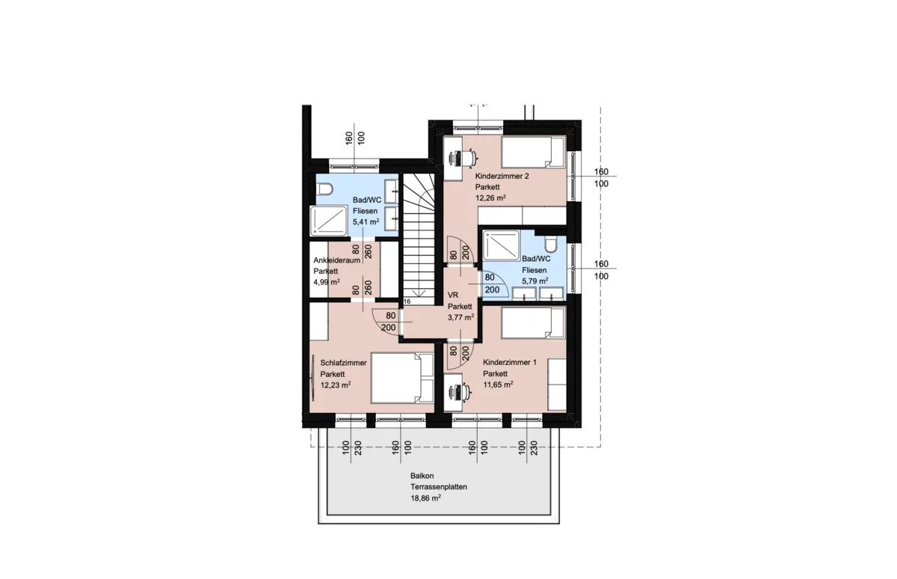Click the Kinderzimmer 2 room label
[x=502, y=176]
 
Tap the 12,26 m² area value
[x=490, y=197]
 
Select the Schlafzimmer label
[x=343, y=363]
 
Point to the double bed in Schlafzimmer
[x=402, y=378]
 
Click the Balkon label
[x=422, y=476]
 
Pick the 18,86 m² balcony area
[x=425, y=498]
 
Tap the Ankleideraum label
[x=337, y=260]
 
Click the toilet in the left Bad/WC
[x=324, y=189]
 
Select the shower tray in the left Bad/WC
[x=329, y=221]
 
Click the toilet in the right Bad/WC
[x=551, y=243]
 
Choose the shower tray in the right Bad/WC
[x=502, y=246]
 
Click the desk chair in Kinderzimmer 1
[x=463, y=392]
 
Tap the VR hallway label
[x=452, y=295]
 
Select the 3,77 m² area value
[x=460, y=317]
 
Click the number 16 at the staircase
[x=407, y=301]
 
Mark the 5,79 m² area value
[x=535, y=281]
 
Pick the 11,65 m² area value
[x=498, y=385]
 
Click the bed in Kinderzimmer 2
[x=533, y=152]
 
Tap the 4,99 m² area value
[x=327, y=282]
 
